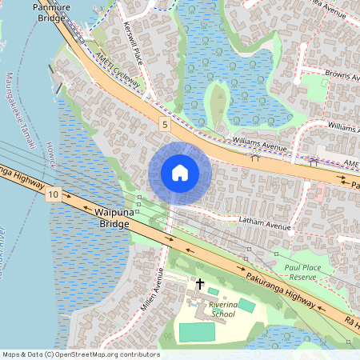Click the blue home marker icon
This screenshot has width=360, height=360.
click(x=180, y=173)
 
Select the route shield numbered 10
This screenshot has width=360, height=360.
click(x=54, y=194)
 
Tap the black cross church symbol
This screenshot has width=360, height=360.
click(x=199, y=284)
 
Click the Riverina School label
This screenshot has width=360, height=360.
click(x=218, y=310)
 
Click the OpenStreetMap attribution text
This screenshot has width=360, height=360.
click(x=81, y=354)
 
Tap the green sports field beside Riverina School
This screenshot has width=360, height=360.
click(x=197, y=332)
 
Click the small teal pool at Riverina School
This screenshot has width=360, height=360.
click(x=247, y=305)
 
